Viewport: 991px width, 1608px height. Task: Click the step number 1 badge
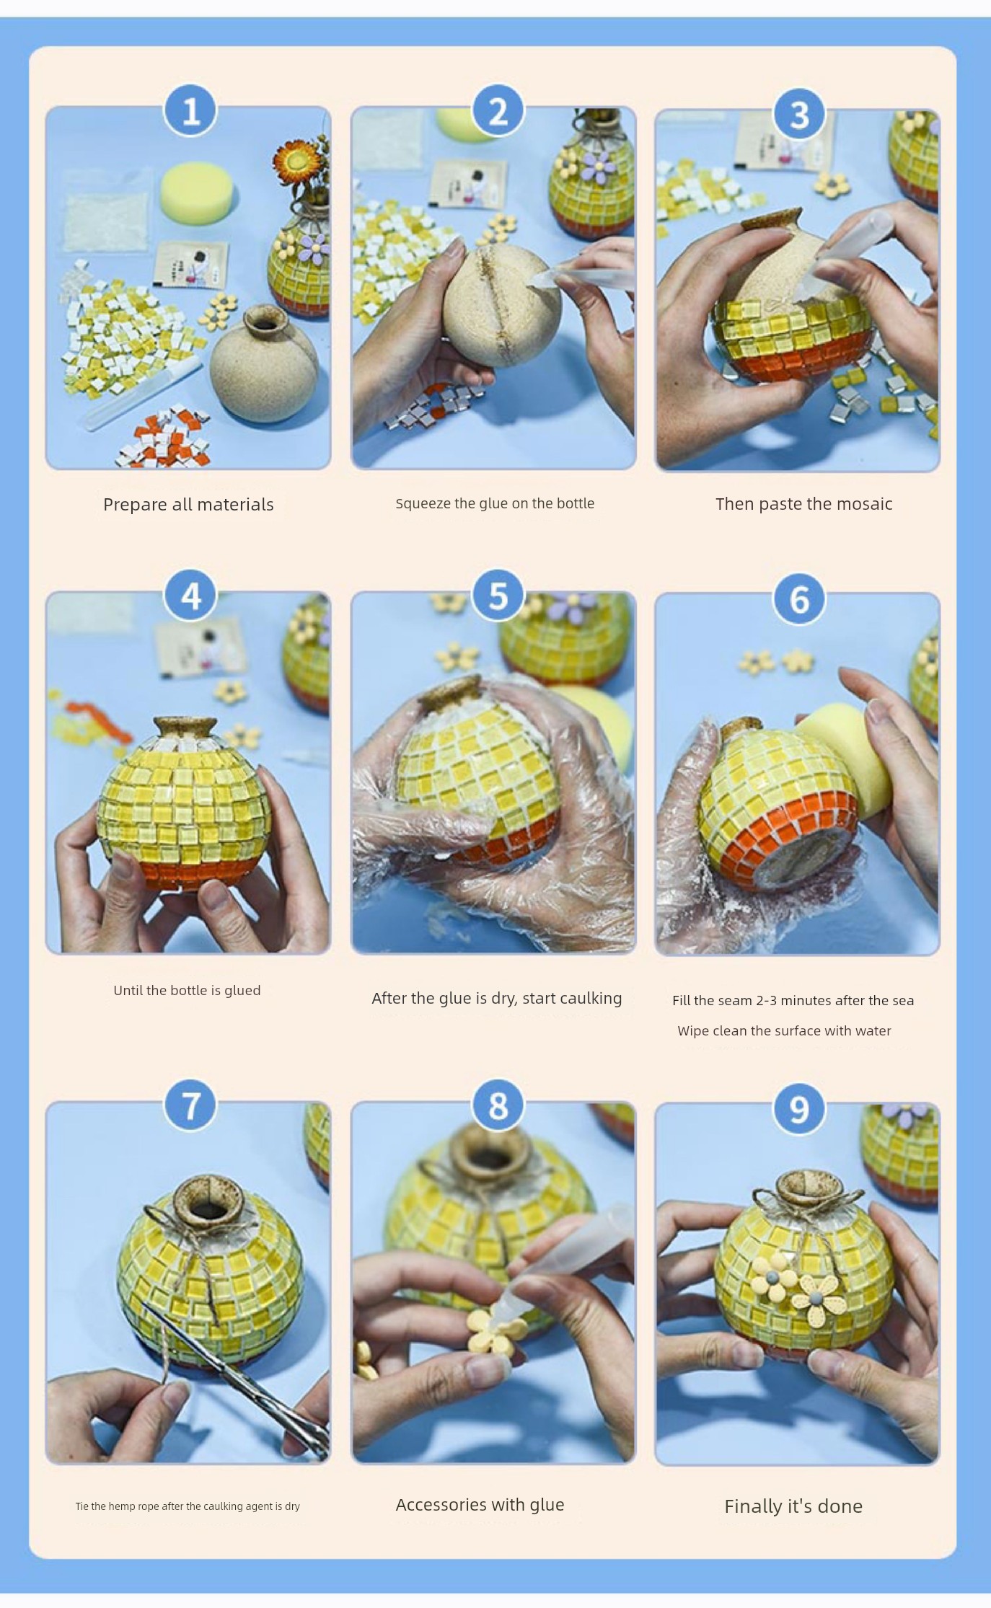[190, 110]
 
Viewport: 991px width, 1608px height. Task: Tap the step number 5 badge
[498, 596]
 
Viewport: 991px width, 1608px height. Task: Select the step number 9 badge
[798, 1108]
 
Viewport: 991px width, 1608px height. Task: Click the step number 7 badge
[190, 1105]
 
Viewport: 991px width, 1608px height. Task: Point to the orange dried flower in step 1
[291, 161]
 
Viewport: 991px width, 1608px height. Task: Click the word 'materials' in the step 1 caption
[235, 505]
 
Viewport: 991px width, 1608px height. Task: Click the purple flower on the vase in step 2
[599, 167]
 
